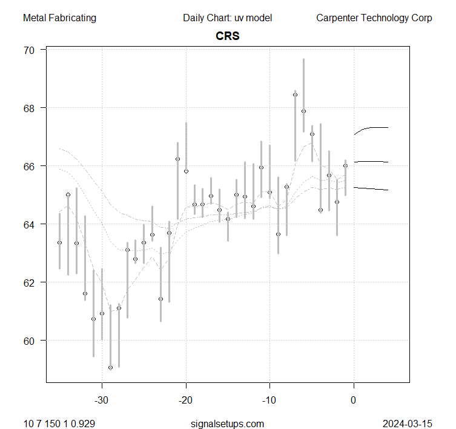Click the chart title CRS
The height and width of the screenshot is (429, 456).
228,36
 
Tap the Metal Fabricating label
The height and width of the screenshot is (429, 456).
59,18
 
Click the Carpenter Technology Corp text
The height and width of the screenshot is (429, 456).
374,18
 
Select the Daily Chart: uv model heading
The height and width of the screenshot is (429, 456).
227,18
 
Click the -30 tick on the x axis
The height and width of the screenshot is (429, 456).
102,400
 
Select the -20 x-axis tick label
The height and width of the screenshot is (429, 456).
186,400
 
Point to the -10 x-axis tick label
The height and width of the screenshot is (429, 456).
269,400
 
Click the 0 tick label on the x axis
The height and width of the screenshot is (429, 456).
354,400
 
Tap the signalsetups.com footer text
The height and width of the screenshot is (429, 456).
227,423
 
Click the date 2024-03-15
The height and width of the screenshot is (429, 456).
407,423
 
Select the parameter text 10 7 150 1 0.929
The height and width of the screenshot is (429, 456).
59,423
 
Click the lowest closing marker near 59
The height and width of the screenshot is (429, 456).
110,367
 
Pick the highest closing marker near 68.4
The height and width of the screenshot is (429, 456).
295,95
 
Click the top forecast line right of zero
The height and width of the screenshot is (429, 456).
372,128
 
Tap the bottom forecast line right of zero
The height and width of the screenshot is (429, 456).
372,190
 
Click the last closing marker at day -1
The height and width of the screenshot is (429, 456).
345,165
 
